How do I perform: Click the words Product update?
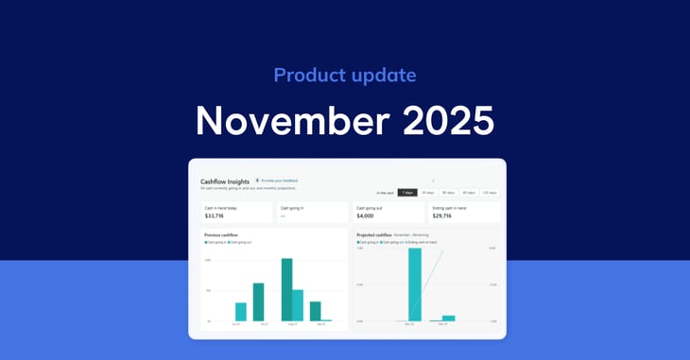[x=344, y=75]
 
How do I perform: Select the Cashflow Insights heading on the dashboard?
[x=224, y=180]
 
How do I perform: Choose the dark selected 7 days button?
[x=407, y=193]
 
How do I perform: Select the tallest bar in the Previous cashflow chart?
[x=286, y=289]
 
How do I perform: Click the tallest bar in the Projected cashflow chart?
[x=414, y=284]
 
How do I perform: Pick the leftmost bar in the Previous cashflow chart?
[x=241, y=312]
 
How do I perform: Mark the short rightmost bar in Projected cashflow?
[x=448, y=318]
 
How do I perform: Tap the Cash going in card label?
[x=294, y=207]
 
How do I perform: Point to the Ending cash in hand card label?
[x=450, y=207]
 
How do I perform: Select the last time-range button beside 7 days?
[x=489, y=193]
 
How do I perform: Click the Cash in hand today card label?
[x=222, y=207]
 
